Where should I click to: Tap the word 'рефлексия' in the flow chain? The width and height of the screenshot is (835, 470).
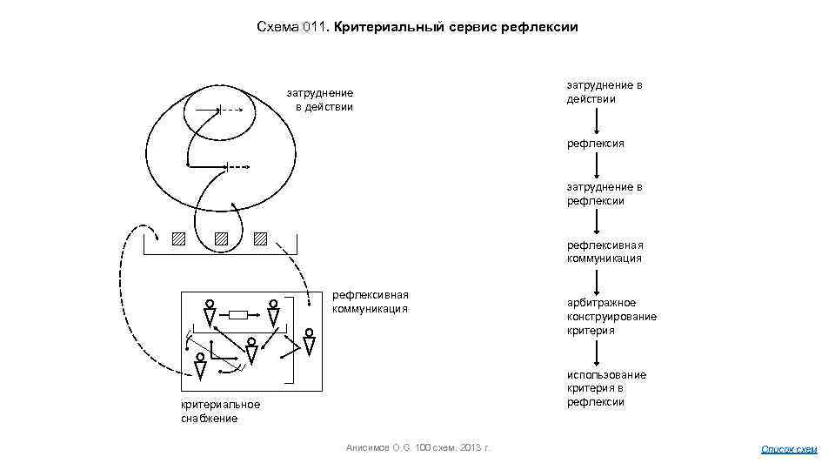pyautogui.click(x=596, y=143)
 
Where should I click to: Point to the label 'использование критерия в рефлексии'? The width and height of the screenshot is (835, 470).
pyautogui.click(x=606, y=388)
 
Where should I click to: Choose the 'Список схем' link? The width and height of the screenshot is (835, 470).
pyautogui.click(x=789, y=449)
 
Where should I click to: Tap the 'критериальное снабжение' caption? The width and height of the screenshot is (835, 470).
pyautogui.click(x=220, y=411)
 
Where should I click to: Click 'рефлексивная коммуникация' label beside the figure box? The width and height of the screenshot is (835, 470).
pyautogui.click(x=370, y=302)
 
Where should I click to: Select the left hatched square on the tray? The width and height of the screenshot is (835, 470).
pyautogui.click(x=178, y=238)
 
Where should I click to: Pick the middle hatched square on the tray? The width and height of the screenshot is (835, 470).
pyautogui.click(x=221, y=238)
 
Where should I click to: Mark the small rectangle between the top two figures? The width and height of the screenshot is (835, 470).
pyautogui.click(x=238, y=315)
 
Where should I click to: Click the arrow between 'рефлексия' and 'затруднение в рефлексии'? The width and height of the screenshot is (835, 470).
pyautogui.click(x=596, y=164)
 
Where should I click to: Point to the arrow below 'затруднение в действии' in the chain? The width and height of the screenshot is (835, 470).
pyautogui.click(x=596, y=120)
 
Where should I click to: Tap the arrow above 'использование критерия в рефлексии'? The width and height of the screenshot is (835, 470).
pyautogui.click(x=596, y=352)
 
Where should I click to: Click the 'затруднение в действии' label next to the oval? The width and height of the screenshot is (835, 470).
pyautogui.click(x=321, y=100)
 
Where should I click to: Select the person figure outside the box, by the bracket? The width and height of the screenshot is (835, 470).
pyautogui.click(x=310, y=342)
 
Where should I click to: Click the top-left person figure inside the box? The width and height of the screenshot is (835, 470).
pyautogui.click(x=210, y=313)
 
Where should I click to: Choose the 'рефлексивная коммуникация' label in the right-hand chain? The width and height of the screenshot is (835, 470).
pyautogui.click(x=605, y=252)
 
